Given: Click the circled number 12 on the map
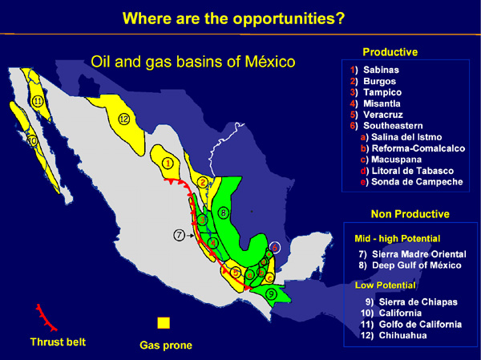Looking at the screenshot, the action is pyautogui.click(x=124, y=119).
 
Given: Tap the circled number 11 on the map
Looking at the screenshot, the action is pyautogui.click(x=38, y=101).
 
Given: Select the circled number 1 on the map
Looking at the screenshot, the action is pyautogui.click(x=168, y=164).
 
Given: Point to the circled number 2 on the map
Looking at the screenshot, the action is pyautogui.click(x=203, y=183).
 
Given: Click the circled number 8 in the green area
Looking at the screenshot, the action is pyautogui.click(x=224, y=212).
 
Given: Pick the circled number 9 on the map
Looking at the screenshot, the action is pyautogui.click(x=271, y=294).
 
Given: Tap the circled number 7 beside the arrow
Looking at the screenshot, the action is pyautogui.click(x=179, y=236).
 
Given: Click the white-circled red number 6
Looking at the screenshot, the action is pyautogui.click(x=275, y=248).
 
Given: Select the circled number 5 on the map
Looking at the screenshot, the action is pyautogui.click(x=235, y=272).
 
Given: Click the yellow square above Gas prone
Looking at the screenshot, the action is pyautogui.click(x=164, y=323).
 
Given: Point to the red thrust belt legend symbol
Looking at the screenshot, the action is pyautogui.click(x=46, y=318).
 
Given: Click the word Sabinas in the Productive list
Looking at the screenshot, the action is pyautogui.click(x=381, y=70).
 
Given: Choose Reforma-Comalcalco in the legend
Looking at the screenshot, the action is pyautogui.click(x=418, y=148).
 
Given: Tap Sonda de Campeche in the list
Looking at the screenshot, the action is pyautogui.click(x=417, y=182).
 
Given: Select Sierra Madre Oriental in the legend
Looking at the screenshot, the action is pyautogui.click(x=419, y=254).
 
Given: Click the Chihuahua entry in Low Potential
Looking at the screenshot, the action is pyautogui.click(x=402, y=335).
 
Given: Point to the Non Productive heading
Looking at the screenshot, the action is pyautogui.click(x=410, y=214).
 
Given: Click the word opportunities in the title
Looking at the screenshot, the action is pyautogui.click(x=289, y=18).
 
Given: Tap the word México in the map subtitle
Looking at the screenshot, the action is pyautogui.click(x=270, y=62).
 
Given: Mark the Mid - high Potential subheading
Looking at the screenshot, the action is pyautogui.click(x=398, y=238).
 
